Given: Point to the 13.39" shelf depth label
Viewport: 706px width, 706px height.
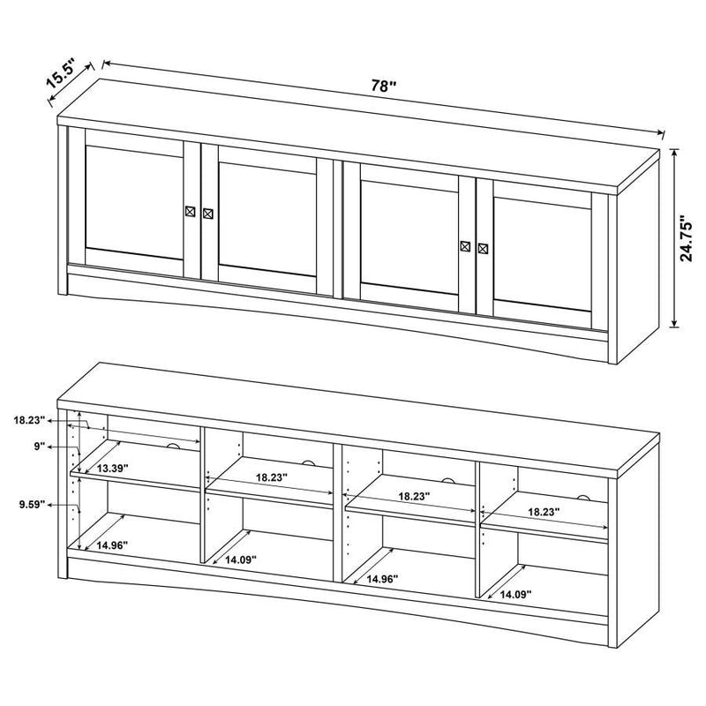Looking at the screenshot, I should [114, 468].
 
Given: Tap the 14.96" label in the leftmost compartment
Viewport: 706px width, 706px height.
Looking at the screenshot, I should [115, 545].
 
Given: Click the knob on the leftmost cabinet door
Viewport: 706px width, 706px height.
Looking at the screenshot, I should [192, 212].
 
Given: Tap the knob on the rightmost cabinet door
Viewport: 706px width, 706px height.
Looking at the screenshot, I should [483, 248].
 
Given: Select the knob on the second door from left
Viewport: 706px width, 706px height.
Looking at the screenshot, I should [208, 214].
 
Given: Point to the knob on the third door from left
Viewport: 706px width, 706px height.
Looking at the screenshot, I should [466, 246].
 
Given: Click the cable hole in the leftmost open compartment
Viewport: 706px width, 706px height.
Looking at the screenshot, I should [175, 447].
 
